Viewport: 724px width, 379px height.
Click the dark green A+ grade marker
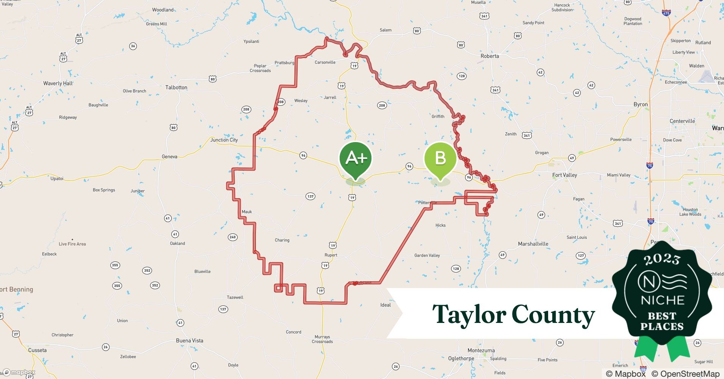(x=355, y=158)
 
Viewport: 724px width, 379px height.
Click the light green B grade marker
(x=440, y=158)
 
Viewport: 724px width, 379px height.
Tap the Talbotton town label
(x=176, y=88)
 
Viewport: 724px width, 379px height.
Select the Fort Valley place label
(x=564, y=175)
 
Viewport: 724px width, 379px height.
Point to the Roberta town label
(x=490, y=56)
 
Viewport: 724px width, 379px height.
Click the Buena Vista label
(x=190, y=341)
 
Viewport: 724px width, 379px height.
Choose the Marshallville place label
(x=533, y=244)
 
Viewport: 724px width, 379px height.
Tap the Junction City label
(x=224, y=140)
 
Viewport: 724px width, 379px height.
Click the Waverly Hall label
(x=58, y=83)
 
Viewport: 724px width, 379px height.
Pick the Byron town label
(x=641, y=105)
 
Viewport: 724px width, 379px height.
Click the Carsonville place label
(x=325, y=63)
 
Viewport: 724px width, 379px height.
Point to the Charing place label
(x=282, y=240)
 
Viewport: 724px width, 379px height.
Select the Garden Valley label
(x=427, y=255)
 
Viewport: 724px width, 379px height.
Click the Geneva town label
(x=169, y=157)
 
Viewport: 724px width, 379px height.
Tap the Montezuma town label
(x=481, y=351)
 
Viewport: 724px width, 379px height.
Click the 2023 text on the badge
(x=662, y=259)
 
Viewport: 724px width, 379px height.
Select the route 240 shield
(x=232, y=237)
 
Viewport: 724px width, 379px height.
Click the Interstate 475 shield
(x=666, y=13)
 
